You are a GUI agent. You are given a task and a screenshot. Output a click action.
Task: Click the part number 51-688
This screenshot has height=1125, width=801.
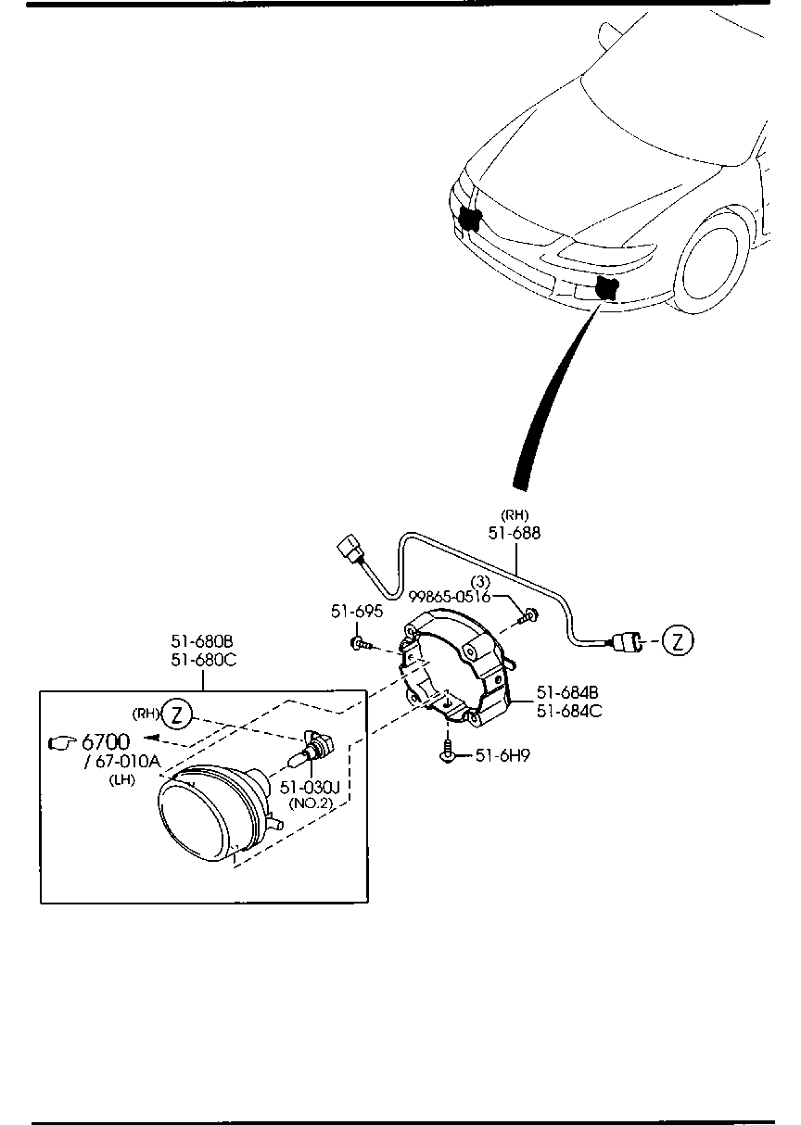[514, 533]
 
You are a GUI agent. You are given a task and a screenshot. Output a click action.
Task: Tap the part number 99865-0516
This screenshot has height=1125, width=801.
[450, 597]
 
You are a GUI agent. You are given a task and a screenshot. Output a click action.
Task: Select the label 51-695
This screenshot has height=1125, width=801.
[357, 612]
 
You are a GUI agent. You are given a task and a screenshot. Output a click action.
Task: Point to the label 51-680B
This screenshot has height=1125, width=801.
[202, 641]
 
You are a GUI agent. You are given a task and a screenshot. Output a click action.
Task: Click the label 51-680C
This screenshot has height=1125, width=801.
[204, 660]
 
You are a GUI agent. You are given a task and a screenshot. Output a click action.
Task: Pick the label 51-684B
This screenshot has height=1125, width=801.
[567, 692]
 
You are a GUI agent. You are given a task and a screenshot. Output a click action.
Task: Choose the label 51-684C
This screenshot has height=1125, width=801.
[569, 711]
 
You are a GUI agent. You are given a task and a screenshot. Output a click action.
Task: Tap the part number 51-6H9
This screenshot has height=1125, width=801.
[502, 755]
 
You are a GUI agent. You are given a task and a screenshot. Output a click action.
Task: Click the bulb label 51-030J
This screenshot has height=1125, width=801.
[310, 787]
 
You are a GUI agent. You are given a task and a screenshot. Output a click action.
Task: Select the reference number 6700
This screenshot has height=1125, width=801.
[106, 741]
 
